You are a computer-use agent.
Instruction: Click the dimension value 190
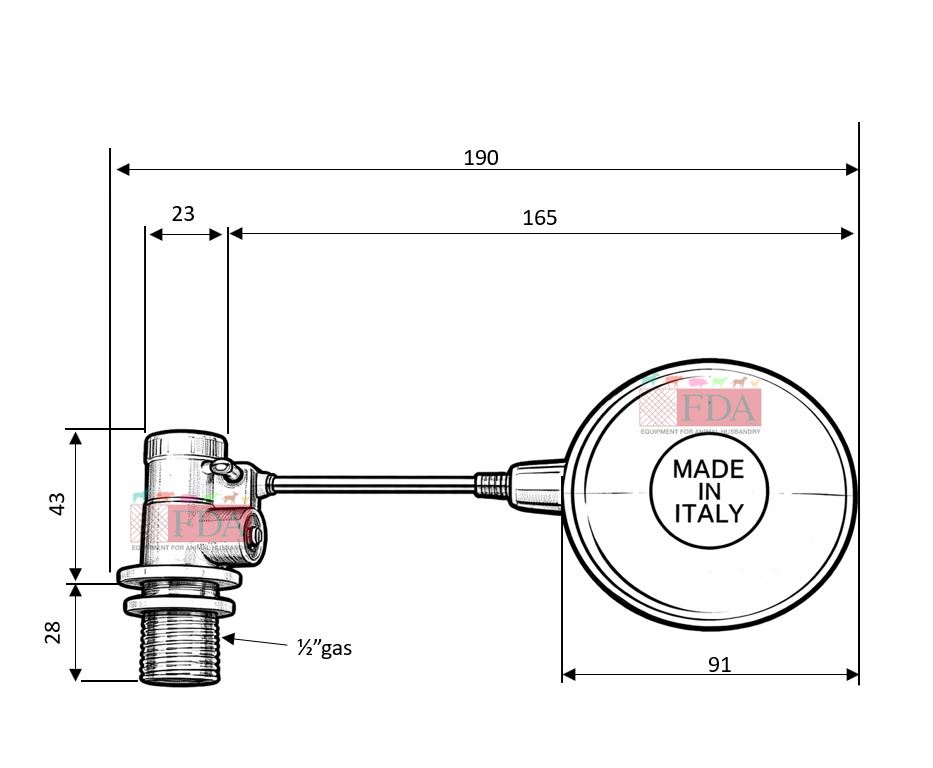pyautogui.click(x=480, y=157)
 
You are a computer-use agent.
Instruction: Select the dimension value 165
pyautogui.click(x=540, y=217)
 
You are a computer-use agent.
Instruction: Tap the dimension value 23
pyautogui.click(x=183, y=213)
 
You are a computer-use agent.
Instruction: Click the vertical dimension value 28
pyautogui.click(x=54, y=632)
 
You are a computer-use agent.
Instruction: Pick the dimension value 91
pyautogui.click(x=719, y=663)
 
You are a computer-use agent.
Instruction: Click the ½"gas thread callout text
pyautogui.click(x=324, y=648)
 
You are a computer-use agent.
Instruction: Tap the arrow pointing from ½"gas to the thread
pyautogui.click(x=255, y=641)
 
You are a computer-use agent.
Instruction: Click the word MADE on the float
pyautogui.click(x=708, y=469)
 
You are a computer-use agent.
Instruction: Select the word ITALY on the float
pyautogui.click(x=708, y=514)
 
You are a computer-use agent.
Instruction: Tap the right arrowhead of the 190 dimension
pyautogui.click(x=851, y=170)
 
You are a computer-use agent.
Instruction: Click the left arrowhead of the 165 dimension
pyautogui.click(x=236, y=234)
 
